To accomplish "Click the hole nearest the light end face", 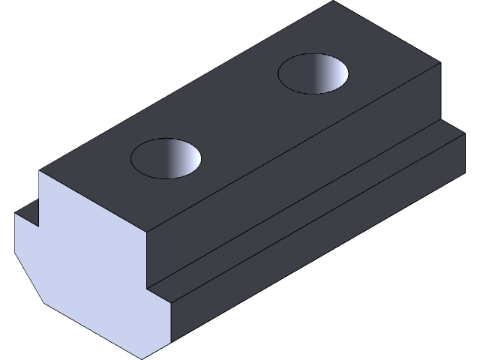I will coord(166,158).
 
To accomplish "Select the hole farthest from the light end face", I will coord(313,73).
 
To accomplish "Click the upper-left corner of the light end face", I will coord(39,172).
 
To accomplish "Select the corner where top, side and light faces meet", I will coord(148,226).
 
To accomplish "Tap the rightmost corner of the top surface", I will coord(439,64).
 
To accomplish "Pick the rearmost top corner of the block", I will coord(333,1).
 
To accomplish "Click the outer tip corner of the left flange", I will coord(15,214).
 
